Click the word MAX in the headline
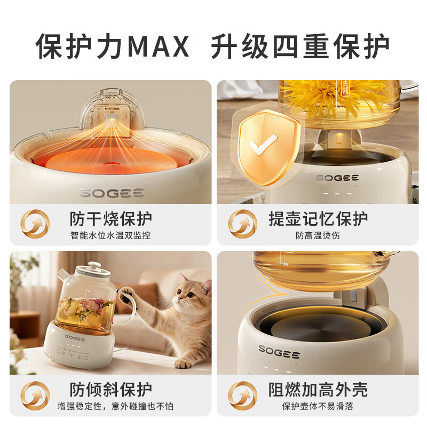[158, 46]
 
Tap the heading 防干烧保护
[111, 219]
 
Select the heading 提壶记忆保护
[318, 219]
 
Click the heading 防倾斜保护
[111, 390]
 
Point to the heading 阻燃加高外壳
[318, 390]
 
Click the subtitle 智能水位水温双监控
[110, 235]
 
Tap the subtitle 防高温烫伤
[318, 235]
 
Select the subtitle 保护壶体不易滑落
[318, 406]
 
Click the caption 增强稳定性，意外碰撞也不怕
[115, 406]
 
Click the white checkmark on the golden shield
[263, 144]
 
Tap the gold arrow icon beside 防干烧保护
[35, 224]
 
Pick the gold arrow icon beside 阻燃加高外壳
[242, 396]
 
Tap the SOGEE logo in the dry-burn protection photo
[112, 193]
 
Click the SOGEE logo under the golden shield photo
[337, 178]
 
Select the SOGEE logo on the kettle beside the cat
[75, 338]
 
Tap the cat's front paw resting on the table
[183, 363]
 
